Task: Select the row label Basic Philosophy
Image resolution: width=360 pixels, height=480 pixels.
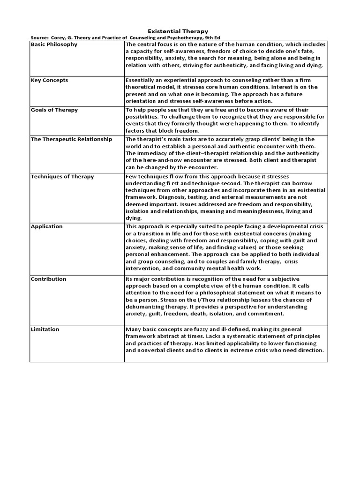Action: tap(54, 45)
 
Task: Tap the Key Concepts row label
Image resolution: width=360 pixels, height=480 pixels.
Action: tap(49, 80)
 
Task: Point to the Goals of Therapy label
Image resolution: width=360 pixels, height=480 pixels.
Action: tap(54, 110)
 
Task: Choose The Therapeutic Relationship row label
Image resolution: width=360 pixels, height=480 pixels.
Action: tap(71, 139)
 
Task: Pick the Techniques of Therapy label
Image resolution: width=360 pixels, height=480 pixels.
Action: tap(62, 177)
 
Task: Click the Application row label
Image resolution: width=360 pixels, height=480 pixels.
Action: tap(46, 226)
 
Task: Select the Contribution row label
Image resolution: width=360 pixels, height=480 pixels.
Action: tap(49, 279)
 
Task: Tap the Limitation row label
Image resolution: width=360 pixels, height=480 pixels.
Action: tap(45, 329)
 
